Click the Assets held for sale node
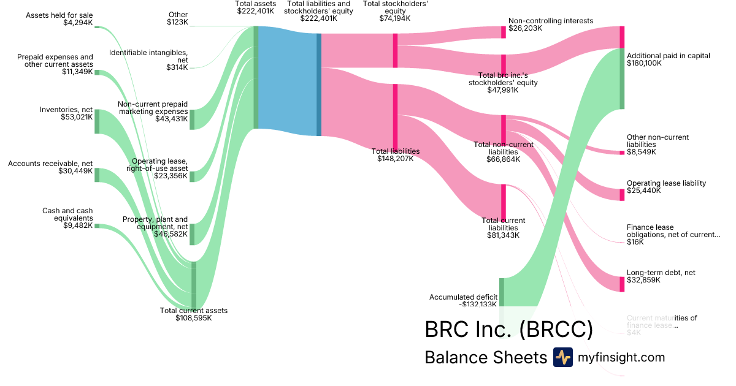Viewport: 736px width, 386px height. point(96,27)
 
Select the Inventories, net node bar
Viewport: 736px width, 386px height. point(96,121)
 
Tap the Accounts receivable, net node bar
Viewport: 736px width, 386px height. point(96,175)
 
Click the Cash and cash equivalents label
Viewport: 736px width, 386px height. point(67,214)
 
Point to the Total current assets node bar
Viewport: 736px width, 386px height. point(194,285)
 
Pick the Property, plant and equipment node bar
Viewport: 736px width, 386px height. point(192,234)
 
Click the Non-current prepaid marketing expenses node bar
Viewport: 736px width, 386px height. point(192,119)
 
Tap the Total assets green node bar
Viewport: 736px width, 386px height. point(256,77)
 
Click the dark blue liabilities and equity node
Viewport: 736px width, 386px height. point(319,85)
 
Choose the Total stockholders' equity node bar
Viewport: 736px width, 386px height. point(395,50)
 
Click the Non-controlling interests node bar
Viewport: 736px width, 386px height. point(504,32)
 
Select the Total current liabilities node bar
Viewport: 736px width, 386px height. point(504,201)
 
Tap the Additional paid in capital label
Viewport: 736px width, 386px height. point(668,56)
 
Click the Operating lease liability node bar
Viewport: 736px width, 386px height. point(622,194)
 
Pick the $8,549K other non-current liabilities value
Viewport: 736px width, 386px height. point(641,152)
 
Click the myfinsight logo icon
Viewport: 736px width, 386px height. point(562,357)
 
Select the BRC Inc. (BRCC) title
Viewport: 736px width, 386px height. point(508,330)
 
